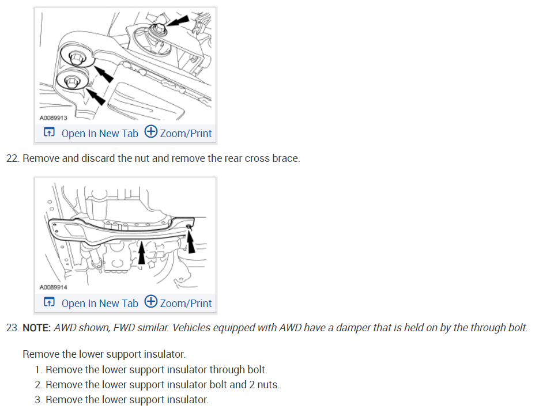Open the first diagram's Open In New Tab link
(100, 133)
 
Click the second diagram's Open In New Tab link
(100, 303)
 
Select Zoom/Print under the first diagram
(186, 133)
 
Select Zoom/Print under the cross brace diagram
(186, 303)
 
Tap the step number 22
(12, 158)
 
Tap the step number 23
(12, 328)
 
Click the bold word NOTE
(36, 328)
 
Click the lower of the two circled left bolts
(71, 82)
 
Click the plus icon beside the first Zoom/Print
(150, 132)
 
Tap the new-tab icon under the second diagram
(50, 303)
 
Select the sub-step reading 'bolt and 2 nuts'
(161, 385)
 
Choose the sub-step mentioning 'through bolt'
(156, 370)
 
